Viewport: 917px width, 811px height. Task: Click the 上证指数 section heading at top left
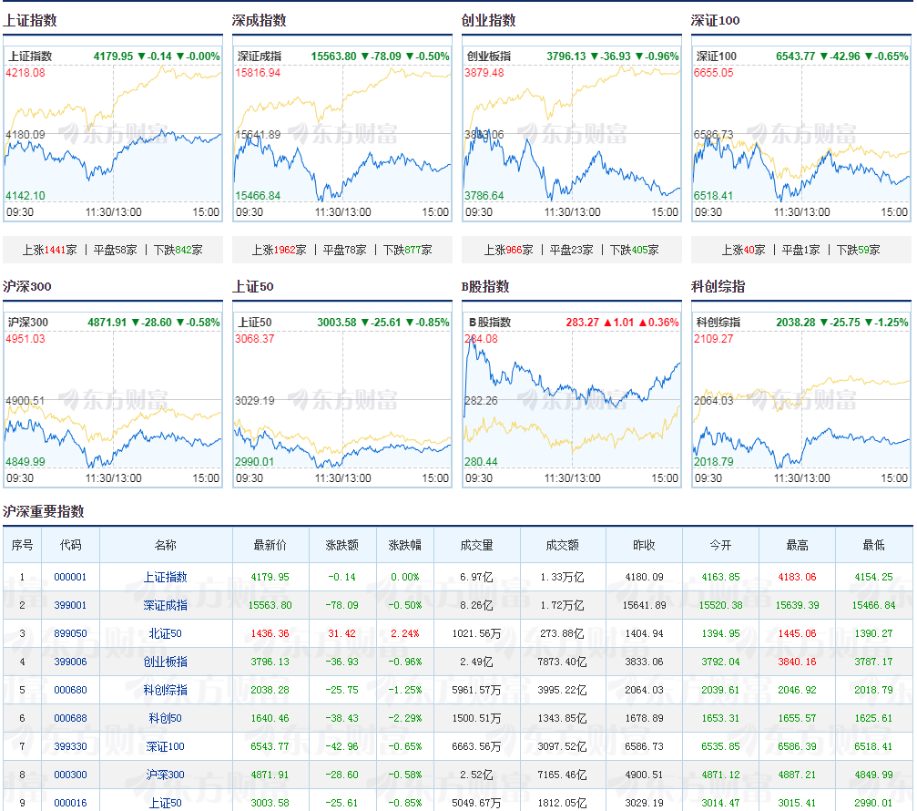click(30, 20)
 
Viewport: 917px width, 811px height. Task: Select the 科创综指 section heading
click(718, 286)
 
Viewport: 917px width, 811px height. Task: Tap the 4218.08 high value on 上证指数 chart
click(25, 73)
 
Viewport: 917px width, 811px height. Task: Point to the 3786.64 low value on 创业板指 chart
click(484, 195)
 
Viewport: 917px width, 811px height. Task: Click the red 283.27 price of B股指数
click(583, 323)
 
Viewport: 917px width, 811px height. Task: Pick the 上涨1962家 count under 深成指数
click(279, 250)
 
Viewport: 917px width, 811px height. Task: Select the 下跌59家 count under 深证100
click(858, 250)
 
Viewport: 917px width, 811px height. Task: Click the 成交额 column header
click(563, 545)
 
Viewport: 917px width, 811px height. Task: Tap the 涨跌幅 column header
click(404, 545)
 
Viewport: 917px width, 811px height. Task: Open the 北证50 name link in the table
click(166, 633)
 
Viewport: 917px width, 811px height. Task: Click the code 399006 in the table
click(70, 662)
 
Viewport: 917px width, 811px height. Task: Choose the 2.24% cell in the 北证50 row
click(404, 633)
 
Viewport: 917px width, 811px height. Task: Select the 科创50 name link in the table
click(166, 718)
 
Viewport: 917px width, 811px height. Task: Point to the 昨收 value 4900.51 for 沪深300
click(644, 775)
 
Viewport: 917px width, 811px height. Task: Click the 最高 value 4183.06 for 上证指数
click(797, 577)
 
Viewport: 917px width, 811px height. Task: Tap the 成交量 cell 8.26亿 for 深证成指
click(476, 605)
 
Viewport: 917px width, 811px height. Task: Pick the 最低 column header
click(873, 545)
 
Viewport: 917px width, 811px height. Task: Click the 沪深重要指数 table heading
click(44, 511)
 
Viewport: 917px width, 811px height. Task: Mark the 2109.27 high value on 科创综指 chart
click(714, 339)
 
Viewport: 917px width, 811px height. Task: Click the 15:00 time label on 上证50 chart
click(435, 478)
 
